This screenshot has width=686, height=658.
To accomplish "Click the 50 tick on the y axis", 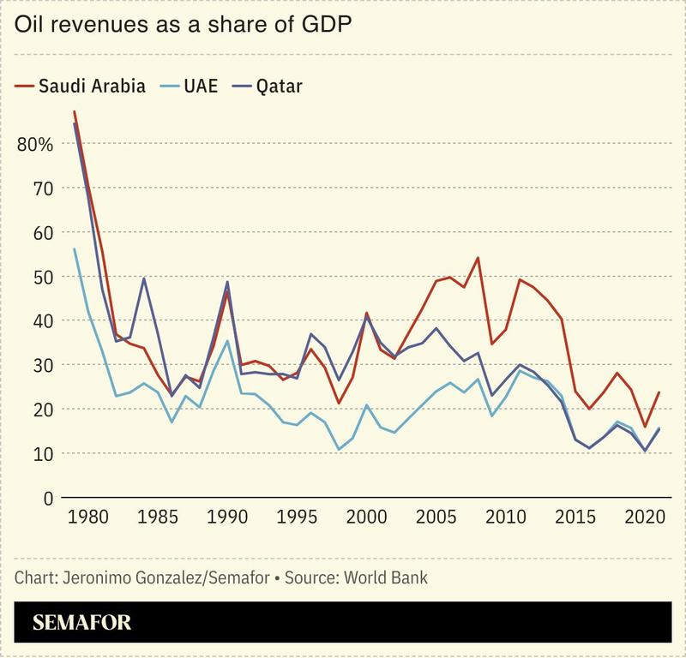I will coord(42,277).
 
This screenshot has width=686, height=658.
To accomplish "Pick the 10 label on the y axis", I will coord(42,453).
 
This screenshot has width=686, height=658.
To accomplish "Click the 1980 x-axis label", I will coord(87,519).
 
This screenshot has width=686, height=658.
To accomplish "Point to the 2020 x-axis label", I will coord(647,519).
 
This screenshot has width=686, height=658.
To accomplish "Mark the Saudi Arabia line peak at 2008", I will coord(478,257).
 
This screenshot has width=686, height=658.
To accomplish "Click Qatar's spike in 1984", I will coord(143,278).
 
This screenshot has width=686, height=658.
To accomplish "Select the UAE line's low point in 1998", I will coord(339,450).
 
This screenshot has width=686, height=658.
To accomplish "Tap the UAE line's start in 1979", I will coord(74,248).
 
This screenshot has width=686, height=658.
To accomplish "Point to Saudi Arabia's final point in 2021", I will coord(659,392).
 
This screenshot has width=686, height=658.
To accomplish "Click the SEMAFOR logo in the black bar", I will coord(82,623).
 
